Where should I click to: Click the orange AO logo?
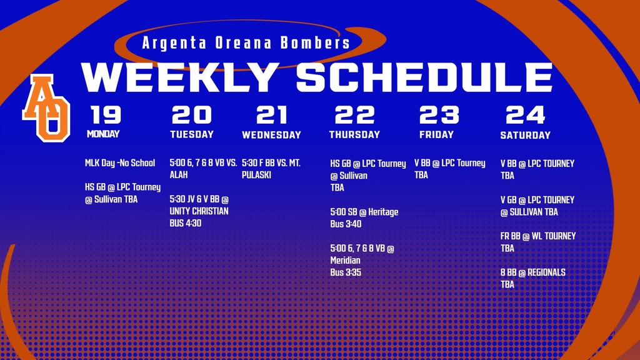point(46,107)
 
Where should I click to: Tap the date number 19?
point(106,115)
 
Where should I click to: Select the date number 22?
point(354,115)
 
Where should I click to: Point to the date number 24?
point(525,115)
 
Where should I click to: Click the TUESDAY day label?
point(192,134)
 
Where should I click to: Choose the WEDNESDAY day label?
point(271,135)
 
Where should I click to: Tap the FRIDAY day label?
point(437,134)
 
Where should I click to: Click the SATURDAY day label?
point(525,135)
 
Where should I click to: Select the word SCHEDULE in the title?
point(424,77)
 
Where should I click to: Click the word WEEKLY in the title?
point(180,77)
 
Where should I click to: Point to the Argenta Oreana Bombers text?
point(246,43)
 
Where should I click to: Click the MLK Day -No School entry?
point(120,163)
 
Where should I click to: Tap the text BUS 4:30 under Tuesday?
point(186,223)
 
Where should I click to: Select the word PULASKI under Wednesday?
point(256,175)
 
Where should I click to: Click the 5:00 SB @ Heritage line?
point(364,212)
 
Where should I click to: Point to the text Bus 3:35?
point(346,272)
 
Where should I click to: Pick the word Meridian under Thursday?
point(346,260)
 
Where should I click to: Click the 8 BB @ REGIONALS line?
point(532,272)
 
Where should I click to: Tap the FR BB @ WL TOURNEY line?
point(537,236)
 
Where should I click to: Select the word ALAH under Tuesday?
point(179,175)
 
